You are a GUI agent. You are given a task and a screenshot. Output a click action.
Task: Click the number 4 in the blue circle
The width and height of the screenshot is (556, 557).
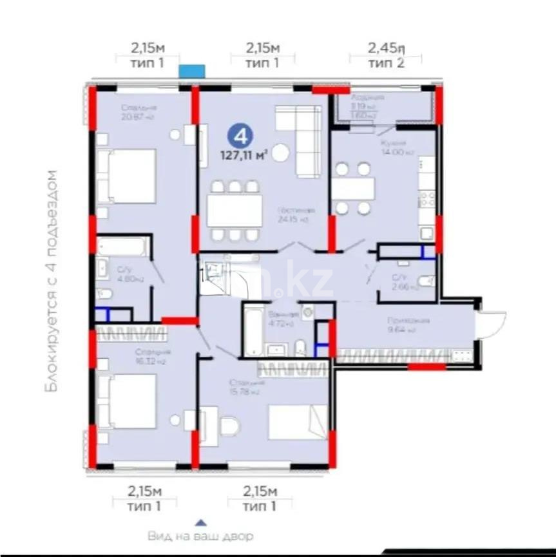point(240,137)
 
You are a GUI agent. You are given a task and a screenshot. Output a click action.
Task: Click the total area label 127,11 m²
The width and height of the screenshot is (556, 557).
point(245,155)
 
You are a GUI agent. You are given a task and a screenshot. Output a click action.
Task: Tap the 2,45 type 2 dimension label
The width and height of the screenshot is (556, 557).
point(386,55)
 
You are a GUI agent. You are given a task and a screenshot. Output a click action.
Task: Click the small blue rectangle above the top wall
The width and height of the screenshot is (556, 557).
point(191,71)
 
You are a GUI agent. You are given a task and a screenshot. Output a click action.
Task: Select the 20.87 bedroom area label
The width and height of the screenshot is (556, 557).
point(137,113)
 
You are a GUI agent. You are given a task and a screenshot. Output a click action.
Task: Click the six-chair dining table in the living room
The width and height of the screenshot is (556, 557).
point(235,210)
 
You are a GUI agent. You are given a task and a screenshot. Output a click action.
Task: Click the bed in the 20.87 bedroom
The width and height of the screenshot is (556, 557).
point(129,176)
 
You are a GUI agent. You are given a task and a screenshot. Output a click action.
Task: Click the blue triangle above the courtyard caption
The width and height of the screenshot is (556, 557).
point(201,524)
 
